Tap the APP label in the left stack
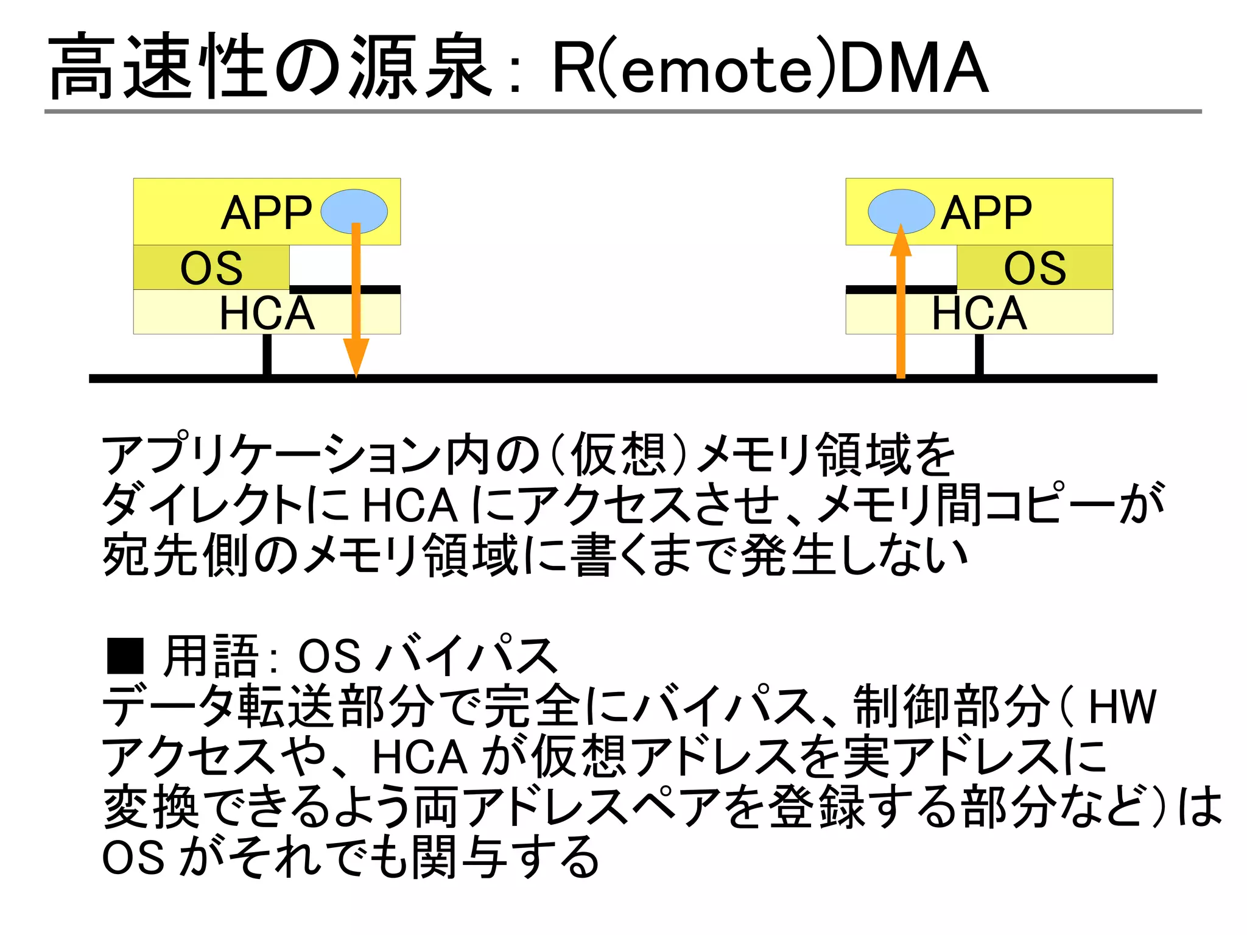(267, 213)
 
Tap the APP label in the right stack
(986, 213)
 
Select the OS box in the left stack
(211, 267)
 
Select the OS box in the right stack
(1034, 267)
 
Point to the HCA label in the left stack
(267, 313)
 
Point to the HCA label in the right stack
(979, 313)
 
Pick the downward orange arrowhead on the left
(356, 357)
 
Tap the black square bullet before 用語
(125, 656)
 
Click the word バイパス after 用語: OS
(466, 656)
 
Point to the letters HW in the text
(1122, 707)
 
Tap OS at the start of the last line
(133, 858)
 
